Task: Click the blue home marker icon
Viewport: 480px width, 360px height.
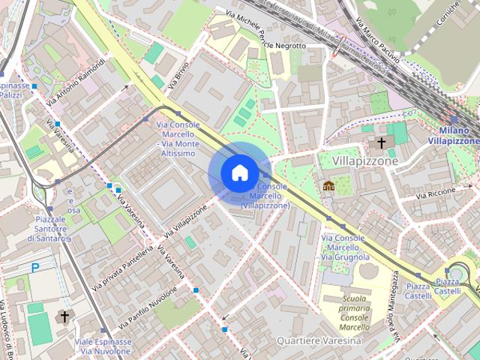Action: pos(238,172)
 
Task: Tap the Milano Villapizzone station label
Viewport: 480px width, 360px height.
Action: pos(453,135)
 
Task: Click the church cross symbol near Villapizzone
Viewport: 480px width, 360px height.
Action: pos(381,142)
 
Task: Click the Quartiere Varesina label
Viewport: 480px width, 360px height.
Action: pos(319,340)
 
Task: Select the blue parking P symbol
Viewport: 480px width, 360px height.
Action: pos(34,268)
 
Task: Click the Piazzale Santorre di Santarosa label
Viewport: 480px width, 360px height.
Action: pos(49,228)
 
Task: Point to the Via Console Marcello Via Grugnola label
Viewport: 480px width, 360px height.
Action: pos(343,247)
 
